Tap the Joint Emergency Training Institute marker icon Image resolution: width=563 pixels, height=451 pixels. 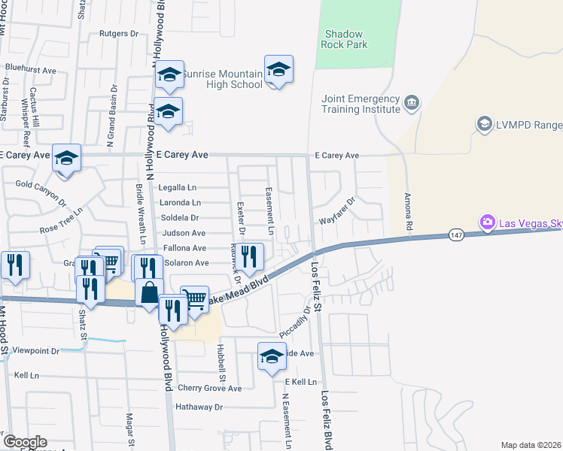pos(412,102)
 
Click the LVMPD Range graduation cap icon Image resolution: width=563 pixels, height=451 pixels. pos(484,123)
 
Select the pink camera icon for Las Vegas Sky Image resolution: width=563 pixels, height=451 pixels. pos(488,222)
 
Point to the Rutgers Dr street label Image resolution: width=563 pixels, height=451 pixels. pos(120,34)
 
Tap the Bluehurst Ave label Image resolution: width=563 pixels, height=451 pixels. pos(31,68)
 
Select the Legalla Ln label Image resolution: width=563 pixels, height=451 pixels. pos(178,188)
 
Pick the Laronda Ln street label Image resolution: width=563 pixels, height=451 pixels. pos(181,203)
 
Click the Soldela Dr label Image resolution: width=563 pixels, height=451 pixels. pos(179,218)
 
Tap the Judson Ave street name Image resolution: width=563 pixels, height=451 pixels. pos(179,233)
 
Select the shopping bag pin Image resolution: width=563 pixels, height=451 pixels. pos(150,293)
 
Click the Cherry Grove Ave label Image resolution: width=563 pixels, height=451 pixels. pos(210,389)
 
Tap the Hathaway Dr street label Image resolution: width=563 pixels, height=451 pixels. pos(199,407)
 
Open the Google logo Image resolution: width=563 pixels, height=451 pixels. pos(25,442)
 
